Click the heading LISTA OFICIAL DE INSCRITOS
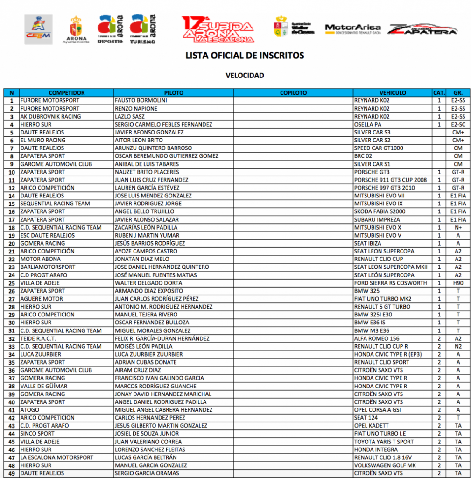click(x=245, y=56)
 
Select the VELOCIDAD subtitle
click(x=245, y=75)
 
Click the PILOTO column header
click(x=174, y=93)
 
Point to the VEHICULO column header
click(x=393, y=93)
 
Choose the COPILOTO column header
click(x=293, y=93)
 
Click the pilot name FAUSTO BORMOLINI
click(x=141, y=100)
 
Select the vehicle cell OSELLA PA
click(x=368, y=125)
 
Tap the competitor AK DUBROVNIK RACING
click(x=50, y=117)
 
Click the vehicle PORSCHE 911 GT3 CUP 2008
click(x=390, y=180)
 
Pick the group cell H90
click(x=458, y=283)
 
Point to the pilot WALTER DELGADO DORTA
click(x=148, y=283)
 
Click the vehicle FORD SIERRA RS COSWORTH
click(x=390, y=283)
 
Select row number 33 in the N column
click(x=12, y=346)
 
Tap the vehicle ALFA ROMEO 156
click(x=376, y=338)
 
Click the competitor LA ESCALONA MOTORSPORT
click(x=56, y=457)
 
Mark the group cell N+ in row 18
click(x=458, y=227)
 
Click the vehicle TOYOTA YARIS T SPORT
click(x=384, y=442)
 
